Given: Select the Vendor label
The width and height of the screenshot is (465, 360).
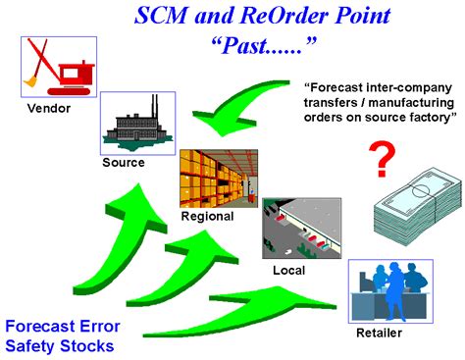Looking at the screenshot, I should (47, 108).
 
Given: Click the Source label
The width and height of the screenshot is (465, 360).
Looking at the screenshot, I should (124, 162).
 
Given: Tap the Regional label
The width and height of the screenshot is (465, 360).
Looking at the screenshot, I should (207, 217).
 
